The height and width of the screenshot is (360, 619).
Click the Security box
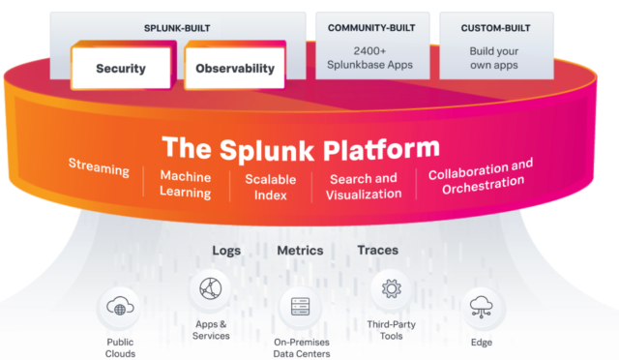121,69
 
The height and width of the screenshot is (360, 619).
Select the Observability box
234,69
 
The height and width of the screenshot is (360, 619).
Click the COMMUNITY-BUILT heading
370,28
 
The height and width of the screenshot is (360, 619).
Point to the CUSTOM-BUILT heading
494,28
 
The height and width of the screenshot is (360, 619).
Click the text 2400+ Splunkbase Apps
370,56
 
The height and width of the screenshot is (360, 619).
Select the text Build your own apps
494,56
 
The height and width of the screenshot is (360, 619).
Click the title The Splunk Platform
300,148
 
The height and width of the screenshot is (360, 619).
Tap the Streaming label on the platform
99,168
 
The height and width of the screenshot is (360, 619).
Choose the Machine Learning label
186,185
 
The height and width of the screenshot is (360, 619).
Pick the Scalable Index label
271,187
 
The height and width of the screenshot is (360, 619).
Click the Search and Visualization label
364,186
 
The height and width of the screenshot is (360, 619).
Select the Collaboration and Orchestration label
481,175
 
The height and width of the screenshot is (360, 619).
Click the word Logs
226,251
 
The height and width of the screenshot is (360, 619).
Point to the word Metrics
300,251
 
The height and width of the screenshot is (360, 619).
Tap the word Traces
377,251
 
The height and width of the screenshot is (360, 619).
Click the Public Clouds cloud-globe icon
121,309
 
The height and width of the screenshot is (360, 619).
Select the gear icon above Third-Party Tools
392,287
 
